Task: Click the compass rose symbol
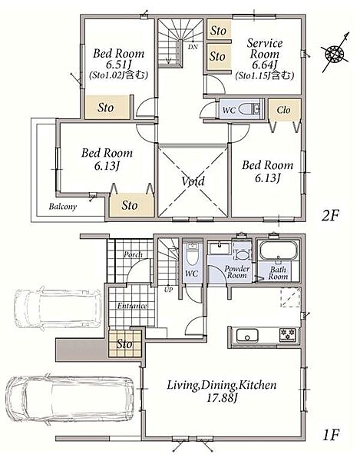pyautogui.click(x=335, y=53)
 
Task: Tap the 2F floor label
pyautogui.click(x=330, y=216)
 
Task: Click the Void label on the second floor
pyautogui.click(x=193, y=181)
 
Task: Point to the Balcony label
pyautogui.click(x=63, y=207)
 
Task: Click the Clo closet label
pyautogui.click(x=283, y=110)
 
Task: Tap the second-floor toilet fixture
pyautogui.click(x=249, y=109)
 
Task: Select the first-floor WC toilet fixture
pyautogui.click(x=193, y=253)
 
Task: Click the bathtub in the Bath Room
pyautogui.click(x=278, y=250)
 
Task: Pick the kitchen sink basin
pyautogui.click(x=247, y=336)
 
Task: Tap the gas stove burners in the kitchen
pyautogui.click(x=288, y=334)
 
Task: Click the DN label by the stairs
pyautogui.click(x=193, y=47)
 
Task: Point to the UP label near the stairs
pyautogui.click(x=169, y=290)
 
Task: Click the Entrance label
pyautogui.click(x=132, y=306)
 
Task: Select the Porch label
pyautogui.click(x=133, y=254)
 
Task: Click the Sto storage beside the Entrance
pyautogui.click(x=124, y=343)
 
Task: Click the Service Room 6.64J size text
pyautogui.click(x=265, y=65)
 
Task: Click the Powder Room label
pyautogui.click(x=237, y=272)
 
